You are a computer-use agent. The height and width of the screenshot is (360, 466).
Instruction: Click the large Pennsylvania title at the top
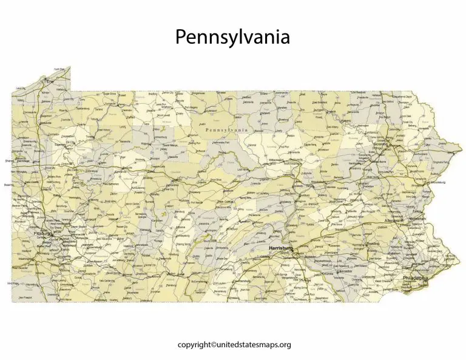click(x=232, y=37)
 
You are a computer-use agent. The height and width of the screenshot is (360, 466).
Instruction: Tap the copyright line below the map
click(x=234, y=344)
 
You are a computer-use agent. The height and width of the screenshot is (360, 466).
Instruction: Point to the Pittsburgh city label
click(x=44, y=233)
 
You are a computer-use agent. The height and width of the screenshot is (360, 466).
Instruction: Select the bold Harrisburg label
click(x=281, y=248)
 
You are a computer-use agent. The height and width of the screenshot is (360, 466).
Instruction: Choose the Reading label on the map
click(x=373, y=243)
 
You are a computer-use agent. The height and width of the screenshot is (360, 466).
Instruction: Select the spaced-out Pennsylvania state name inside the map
click(x=227, y=130)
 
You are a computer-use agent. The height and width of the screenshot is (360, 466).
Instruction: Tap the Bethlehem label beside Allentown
click(x=417, y=218)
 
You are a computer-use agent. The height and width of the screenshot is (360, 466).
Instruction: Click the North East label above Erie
click(x=59, y=69)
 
